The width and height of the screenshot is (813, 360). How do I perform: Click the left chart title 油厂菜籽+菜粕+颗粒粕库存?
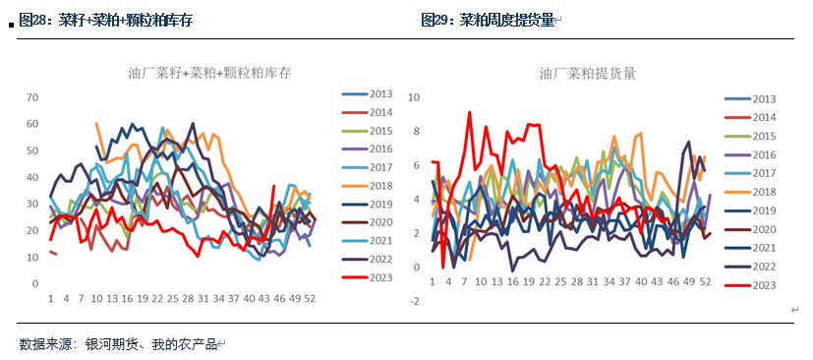(208, 73)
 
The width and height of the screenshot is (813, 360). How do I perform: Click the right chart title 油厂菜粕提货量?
(587, 73)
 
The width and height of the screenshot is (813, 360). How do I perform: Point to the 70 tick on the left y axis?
(31, 97)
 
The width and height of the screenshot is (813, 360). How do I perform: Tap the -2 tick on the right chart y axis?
(415, 301)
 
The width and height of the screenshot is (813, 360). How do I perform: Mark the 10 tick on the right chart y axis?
(414, 97)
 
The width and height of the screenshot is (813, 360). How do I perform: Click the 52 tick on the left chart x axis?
(311, 297)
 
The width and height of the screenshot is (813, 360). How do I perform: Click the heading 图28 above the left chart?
(36, 20)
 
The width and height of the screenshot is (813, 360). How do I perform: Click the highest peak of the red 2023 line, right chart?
(469, 112)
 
